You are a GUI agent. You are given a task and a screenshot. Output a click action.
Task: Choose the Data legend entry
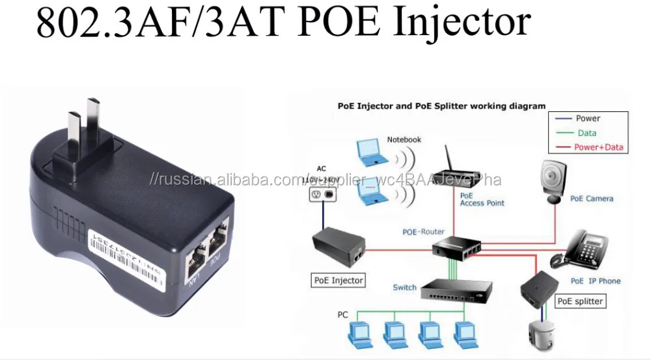coord(587,133)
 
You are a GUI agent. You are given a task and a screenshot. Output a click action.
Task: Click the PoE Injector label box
coord(339,281)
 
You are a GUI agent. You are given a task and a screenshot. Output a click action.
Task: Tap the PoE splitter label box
coord(580,301)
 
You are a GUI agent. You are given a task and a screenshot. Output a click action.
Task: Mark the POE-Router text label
coord(423,232)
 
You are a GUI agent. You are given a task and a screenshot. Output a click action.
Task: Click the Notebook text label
coord(404,139)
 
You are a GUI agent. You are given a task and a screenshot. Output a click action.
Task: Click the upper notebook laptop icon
coord(371,151)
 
